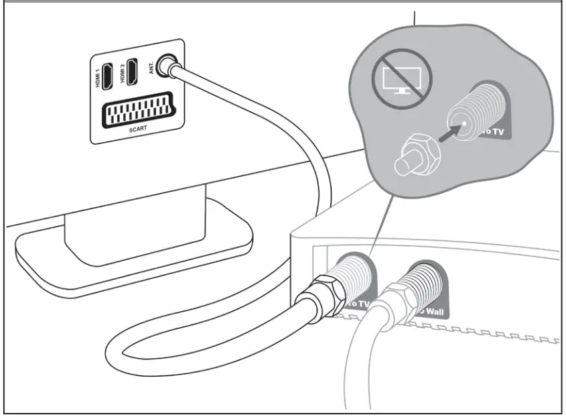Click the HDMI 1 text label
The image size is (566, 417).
[x=98, y=77]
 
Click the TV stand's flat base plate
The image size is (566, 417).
[x=134, y=255]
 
